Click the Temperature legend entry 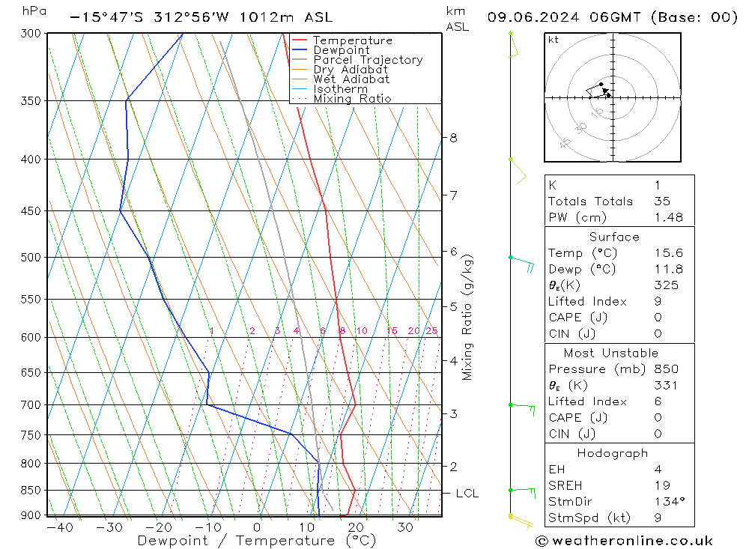coord(352,40)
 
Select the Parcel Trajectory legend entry coord(368,60)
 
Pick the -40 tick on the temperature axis coord(59,528)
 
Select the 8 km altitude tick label coord(453,138)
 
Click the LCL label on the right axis coord(467,494)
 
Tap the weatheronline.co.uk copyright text coord(624,541)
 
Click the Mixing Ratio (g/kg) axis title coord(468,317)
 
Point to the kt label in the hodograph coord(554,40)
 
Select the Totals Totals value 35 coord(662,201)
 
